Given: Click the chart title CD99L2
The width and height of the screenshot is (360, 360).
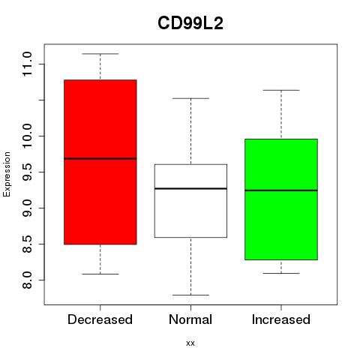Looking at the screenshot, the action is click(x=190, y=23).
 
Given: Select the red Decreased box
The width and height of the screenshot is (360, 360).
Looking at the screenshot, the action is click(x=100, y=162).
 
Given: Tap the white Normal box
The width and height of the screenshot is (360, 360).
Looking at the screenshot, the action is click(x=190, y=201).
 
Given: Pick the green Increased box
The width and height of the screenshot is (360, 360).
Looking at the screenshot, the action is click(x=281, y=199).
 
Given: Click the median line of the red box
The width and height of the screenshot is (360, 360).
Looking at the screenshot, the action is click(x=100, y=158).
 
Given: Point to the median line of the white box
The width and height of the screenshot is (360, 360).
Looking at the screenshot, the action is click(x=190, y=188).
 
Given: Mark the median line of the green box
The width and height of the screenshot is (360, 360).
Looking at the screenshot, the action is click(x=281, y=190).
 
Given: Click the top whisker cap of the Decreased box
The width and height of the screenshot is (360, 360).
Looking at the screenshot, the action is click(x=100, y=54).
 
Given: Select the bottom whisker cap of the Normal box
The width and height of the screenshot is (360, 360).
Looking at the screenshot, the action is click(x=190, y=295).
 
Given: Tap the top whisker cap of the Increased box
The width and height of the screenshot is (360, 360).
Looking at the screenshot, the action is click(x=281, y=90).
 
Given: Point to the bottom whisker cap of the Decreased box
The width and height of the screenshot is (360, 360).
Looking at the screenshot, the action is click(x=100, y=274).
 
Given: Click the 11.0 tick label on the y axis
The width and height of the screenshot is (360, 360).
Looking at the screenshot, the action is click(x=27, y=64).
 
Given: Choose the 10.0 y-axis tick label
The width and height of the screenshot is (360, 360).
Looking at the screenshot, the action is click(x=27, y=136).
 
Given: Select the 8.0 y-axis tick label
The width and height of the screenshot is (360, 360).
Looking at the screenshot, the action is click(x=27, y=280).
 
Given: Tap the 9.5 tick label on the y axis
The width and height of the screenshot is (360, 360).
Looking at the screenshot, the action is click(x=27, y=172).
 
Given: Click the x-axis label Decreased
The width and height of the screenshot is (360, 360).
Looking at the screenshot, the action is click(x=100, y=319).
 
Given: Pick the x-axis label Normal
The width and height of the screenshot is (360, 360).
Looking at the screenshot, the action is click(x=190, y=319).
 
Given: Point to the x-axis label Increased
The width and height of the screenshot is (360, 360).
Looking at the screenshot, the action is click(x=281, y=319).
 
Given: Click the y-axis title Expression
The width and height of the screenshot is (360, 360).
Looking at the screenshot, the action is click(x=7, y=174).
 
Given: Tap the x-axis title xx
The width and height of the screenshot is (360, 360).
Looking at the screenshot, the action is click(x=190, y=343).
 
